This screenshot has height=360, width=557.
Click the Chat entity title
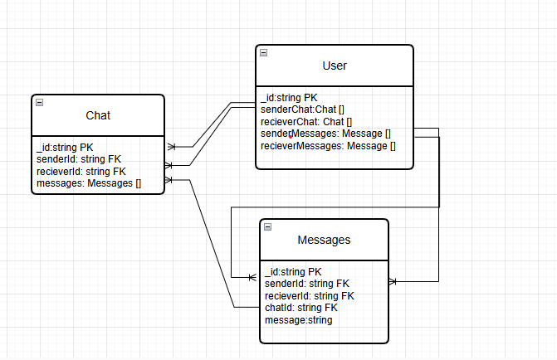98,115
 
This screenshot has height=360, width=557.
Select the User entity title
334,66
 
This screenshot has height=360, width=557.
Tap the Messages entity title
324,240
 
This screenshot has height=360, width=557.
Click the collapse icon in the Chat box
40,102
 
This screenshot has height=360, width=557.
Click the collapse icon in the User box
263,52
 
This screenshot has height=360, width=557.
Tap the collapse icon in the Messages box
267,226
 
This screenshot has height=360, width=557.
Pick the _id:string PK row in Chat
65,148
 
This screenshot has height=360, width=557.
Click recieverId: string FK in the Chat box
81,172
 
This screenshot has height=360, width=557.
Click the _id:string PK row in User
289,98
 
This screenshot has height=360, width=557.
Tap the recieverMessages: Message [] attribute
328,146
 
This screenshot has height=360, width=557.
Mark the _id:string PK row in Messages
293,272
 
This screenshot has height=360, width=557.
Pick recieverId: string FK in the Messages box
310,295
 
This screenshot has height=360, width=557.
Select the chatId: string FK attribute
301,308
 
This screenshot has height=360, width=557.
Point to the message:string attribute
298,319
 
